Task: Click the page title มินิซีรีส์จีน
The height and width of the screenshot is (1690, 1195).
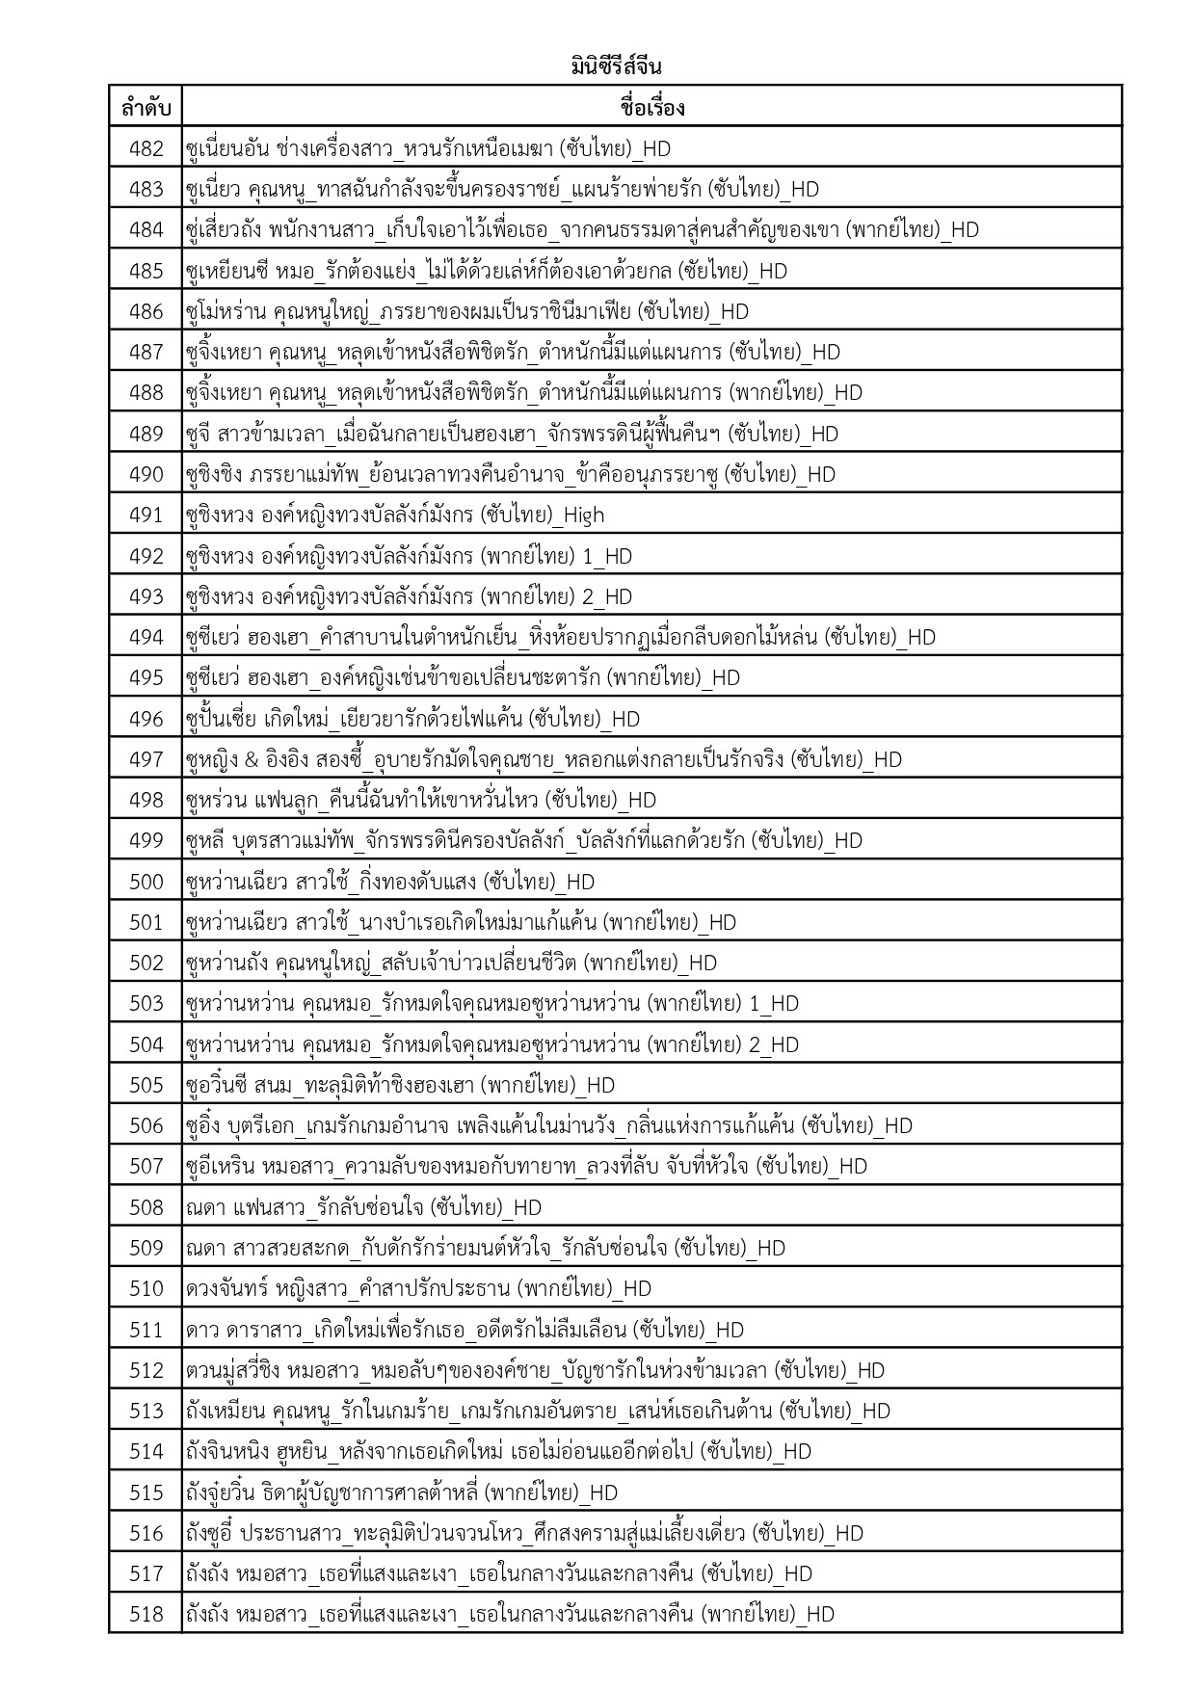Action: (615, 67)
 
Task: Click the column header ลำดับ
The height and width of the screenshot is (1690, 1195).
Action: (146, 107)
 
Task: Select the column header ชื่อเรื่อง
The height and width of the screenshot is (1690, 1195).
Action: (651, 107)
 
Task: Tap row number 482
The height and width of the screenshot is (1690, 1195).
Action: (146, 148)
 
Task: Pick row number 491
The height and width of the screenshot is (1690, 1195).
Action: (146, 515)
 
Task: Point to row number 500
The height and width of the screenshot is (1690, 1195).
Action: (146, 882)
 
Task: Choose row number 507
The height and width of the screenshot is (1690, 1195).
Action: (146, 1167)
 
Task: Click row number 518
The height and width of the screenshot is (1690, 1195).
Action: (146, 1615)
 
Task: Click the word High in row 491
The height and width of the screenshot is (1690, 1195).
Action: (583, 515)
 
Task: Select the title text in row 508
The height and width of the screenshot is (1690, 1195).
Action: (363, 1207)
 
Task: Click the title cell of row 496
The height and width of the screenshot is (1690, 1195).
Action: (412, 719)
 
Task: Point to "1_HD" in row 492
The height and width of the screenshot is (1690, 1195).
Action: (607, 556)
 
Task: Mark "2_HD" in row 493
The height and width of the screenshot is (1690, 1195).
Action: (607, 597)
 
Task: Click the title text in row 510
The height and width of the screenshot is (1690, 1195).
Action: (418, 1289)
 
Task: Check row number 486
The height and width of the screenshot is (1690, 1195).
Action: (146, 311)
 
